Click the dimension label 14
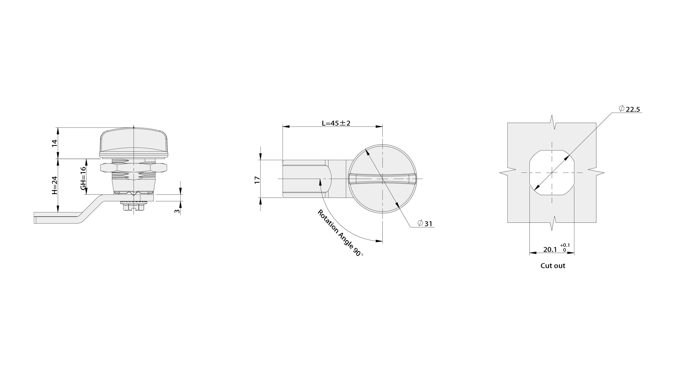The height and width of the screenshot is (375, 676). (54, 143)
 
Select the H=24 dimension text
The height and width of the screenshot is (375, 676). (54, 185)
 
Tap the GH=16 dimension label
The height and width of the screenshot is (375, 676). (83, 178)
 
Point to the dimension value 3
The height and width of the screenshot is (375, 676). (177, 211)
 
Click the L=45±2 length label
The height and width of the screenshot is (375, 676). (336, 123)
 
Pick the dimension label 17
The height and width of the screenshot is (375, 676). (257, 180)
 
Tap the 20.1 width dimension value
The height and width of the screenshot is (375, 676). (550, 249)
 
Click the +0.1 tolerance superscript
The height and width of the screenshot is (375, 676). (565, 245)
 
